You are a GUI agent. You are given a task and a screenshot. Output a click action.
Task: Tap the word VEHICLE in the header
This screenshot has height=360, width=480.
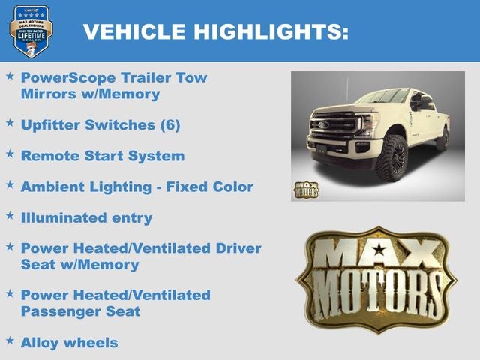click(134, 31)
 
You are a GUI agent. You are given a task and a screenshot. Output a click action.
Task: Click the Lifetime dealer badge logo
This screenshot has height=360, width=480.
click(31, 31)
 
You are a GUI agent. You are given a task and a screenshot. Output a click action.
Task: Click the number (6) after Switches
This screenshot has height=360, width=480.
click(169, 124)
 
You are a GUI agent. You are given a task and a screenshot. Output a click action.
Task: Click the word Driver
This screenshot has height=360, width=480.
click(238, 248)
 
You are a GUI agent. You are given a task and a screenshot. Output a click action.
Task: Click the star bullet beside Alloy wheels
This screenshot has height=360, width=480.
click(10, 341)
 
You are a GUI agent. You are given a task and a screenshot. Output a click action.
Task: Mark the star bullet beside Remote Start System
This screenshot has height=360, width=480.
click(10, 154)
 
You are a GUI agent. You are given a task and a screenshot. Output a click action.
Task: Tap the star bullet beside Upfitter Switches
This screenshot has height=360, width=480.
click(10, 123)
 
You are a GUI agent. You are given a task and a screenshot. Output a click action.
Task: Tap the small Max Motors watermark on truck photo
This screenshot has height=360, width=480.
click(306, 189)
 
